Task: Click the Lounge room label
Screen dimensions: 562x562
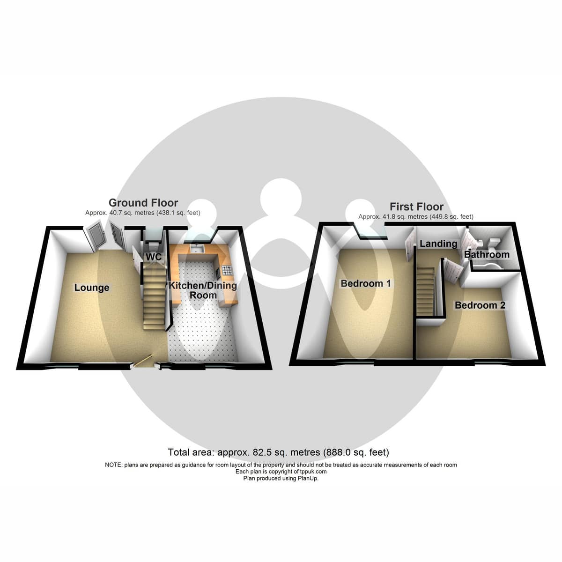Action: pos(92,288)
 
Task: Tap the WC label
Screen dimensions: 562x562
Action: pos(154,257)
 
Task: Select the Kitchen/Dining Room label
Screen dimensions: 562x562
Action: pos(203,290)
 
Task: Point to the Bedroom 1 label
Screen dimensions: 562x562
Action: pos(365,283)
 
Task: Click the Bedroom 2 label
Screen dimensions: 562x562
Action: pos(480,305)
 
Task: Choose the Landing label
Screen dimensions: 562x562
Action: pos(438,244)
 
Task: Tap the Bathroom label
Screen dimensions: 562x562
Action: pos(487,254)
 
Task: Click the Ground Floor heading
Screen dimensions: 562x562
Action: pos(143,203)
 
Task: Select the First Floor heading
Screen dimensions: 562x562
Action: pos(416,207)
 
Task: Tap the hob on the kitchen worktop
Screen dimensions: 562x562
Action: pos(227,270)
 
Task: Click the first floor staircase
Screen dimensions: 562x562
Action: pos(425,292)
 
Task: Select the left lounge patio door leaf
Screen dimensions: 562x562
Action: pos(94,236)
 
